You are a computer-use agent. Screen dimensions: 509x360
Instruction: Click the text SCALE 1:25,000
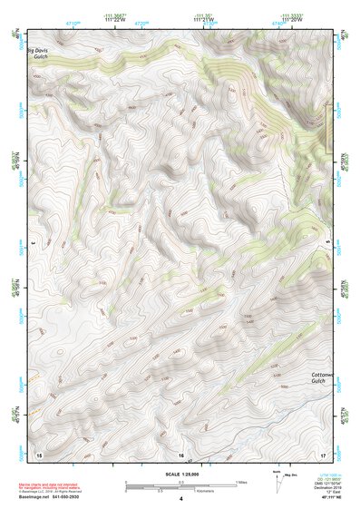click(x=180, y=473)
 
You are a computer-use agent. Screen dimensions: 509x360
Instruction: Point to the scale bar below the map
click(x=180, y=485)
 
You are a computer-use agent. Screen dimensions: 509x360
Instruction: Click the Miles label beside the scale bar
click(x=240, y=481)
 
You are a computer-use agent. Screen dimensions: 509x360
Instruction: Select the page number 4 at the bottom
click(x=181, y=499)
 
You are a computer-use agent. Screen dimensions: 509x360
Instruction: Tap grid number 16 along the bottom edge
click(x=181, y=454)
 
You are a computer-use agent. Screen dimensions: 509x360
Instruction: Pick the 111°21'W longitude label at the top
click(x=203, y=20)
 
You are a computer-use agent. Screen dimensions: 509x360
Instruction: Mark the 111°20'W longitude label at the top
click(x=291, y=20)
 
